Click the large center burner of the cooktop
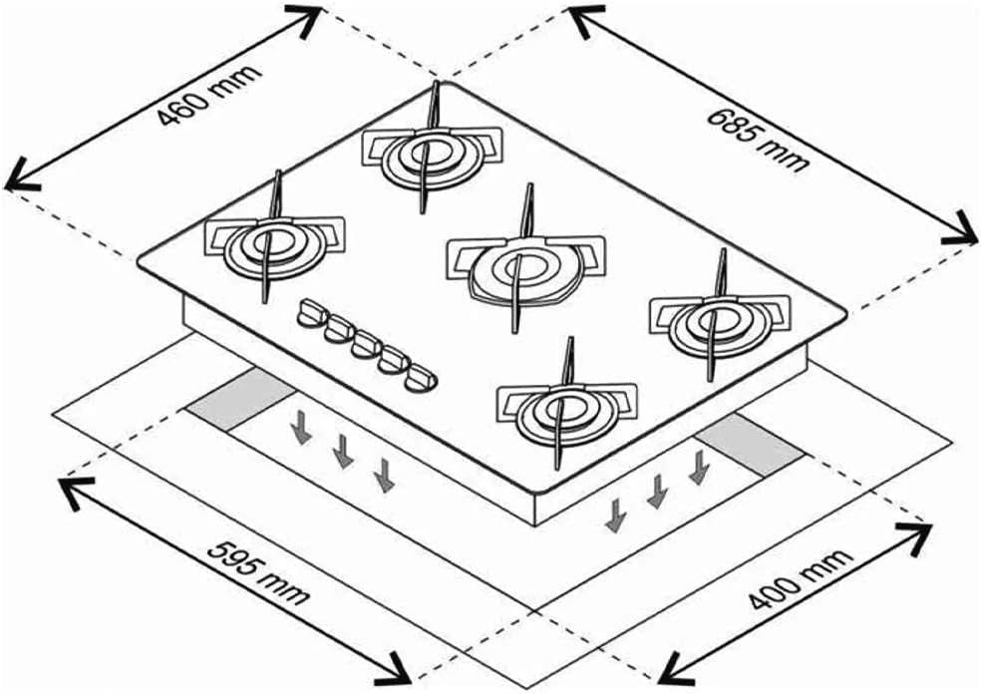519,265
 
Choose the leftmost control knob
311,315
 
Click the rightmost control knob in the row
420,378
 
